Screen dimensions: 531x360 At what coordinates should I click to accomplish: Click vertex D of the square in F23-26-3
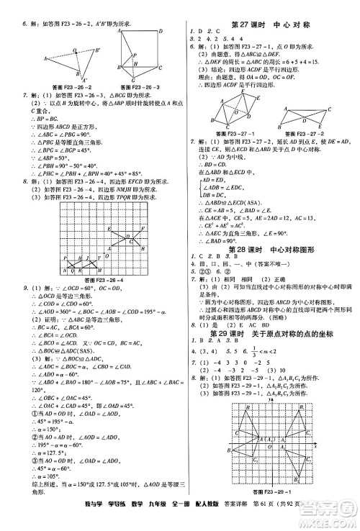tap(160, 32)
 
